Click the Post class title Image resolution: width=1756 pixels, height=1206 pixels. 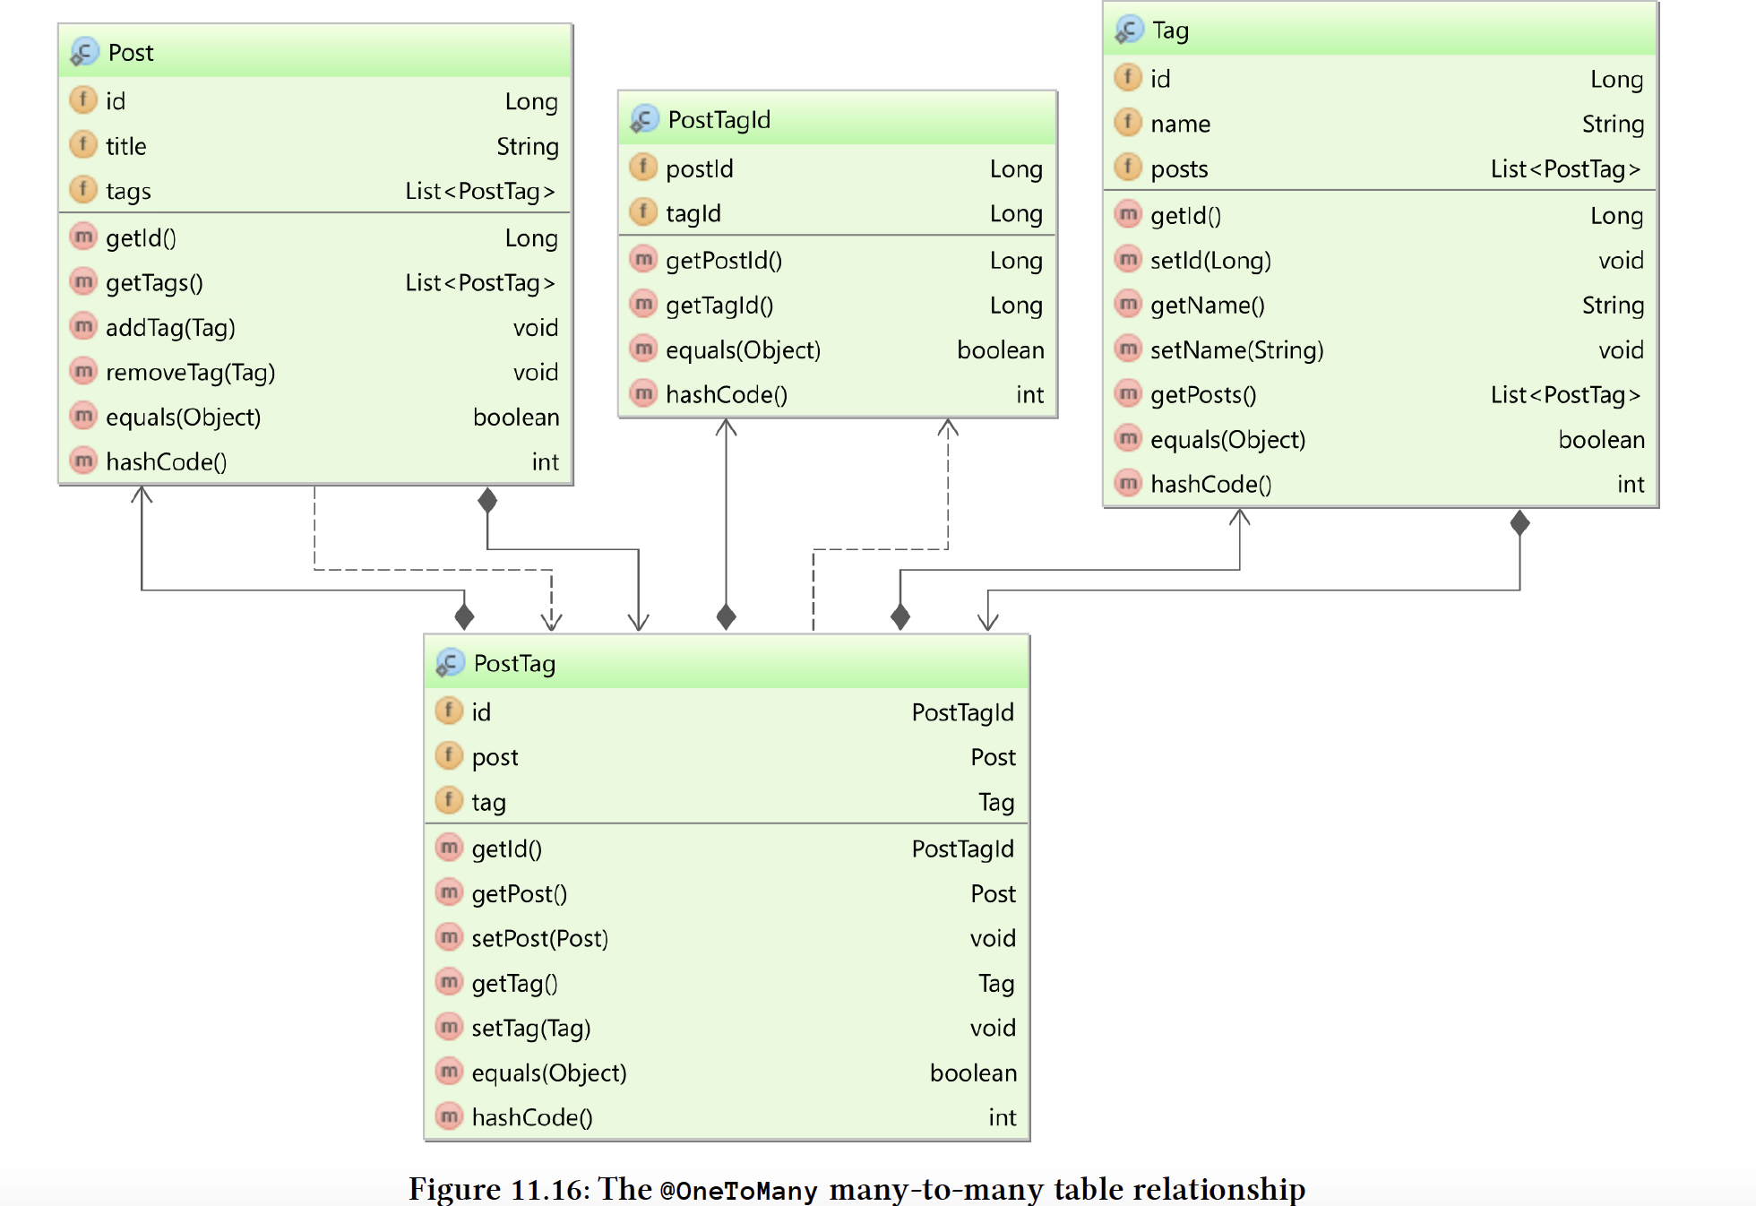pyautogui.click(x=131, y=53)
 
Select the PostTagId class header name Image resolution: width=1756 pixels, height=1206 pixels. pyautogui.click(x=719, y=120)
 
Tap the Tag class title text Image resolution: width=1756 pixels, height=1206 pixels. pyautogui.click(x=1170, y=30)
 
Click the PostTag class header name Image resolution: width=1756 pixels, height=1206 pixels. pyautogui.click(x=514, y=664)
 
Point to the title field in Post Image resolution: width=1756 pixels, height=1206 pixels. pyautogui.click(x=125, y=146)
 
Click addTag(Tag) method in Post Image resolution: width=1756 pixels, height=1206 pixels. pyautogui.click(x=170, y=328)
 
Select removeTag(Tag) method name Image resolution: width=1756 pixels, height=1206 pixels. pyautogui.click(x=190, y=373)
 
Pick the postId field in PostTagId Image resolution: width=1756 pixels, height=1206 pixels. pyautogui.click(x=699, y=169)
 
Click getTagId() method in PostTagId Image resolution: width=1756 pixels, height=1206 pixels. pyautogui.click(x=719, y=306)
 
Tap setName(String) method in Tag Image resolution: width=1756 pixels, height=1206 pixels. pyautogui.click(x=1236, y=350)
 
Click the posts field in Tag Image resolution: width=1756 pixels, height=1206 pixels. pyautogui.click(x=1179, y=169)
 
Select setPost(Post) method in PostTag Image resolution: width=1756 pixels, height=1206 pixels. pyautogui.click(x=539, y=939)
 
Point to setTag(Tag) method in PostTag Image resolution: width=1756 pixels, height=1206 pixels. pyautogui.click(x=530, y=1029)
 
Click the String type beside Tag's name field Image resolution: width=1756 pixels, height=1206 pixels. pyautogui.click(x=1612, y=125)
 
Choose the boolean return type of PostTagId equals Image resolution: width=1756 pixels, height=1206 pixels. pyautogui.click(x=1000, y=350)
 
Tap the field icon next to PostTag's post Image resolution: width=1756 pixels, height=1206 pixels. pyautogui.click(x=449, y=756)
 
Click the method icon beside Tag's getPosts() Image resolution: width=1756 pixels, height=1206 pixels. pyautogui.click(x=1128, y=393)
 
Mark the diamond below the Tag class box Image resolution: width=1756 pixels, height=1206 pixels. pyautogui.click(x=1519, y=522)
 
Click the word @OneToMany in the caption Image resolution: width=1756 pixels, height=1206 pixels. pyautogui.click(x=738, y=1191)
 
